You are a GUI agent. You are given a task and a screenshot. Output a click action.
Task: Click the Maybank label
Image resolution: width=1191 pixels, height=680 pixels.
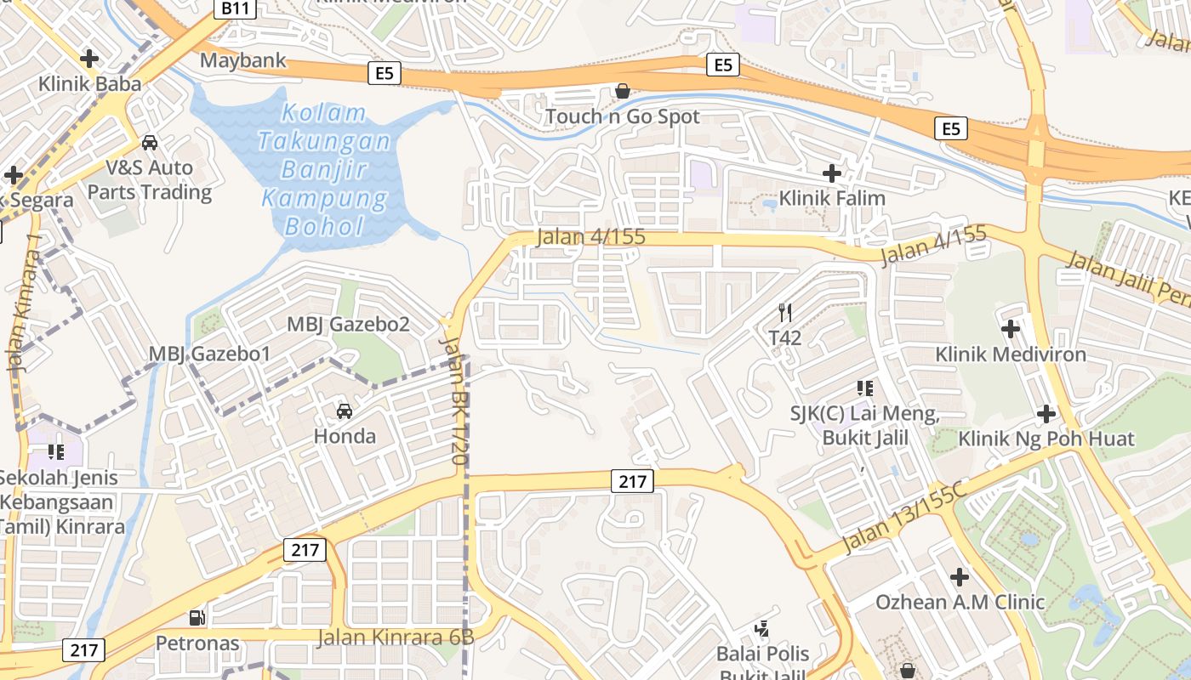[243, 61]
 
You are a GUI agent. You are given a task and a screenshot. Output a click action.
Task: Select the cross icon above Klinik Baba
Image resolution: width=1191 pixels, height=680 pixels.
[89, 59]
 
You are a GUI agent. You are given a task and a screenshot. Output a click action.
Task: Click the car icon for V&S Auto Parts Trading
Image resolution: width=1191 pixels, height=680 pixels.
[150, 143]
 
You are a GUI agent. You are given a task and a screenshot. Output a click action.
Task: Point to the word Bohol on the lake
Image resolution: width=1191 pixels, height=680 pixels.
[324, 227]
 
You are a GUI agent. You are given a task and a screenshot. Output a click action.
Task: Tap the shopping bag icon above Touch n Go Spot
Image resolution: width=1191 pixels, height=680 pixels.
[623, 91]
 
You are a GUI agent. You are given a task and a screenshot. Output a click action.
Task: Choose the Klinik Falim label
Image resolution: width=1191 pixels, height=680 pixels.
[832, 198]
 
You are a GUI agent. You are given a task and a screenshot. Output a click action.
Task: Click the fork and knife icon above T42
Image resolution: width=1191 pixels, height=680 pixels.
[785, 313]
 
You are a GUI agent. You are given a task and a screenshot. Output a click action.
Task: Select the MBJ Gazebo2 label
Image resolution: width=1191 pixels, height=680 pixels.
[348, 324]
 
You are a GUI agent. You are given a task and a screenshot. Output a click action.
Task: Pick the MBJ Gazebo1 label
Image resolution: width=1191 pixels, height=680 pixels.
[209, 354]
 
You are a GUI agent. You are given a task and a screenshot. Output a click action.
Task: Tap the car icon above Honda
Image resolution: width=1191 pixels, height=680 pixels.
[345, 411]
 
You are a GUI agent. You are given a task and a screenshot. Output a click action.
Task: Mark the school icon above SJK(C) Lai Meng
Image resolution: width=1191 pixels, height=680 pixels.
[865, 388]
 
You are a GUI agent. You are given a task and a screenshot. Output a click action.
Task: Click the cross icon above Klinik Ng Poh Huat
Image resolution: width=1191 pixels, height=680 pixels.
[1046, 414]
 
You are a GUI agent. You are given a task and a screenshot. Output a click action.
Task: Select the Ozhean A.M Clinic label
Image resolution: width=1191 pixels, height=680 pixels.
[960, 602]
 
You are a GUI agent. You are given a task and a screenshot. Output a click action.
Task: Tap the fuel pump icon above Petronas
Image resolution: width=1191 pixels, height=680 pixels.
[197, 618]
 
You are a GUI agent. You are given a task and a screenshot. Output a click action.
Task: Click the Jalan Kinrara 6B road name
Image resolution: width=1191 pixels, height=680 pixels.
[395, 637]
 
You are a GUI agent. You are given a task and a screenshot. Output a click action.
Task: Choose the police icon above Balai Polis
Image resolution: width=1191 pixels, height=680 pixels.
[762, 629]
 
